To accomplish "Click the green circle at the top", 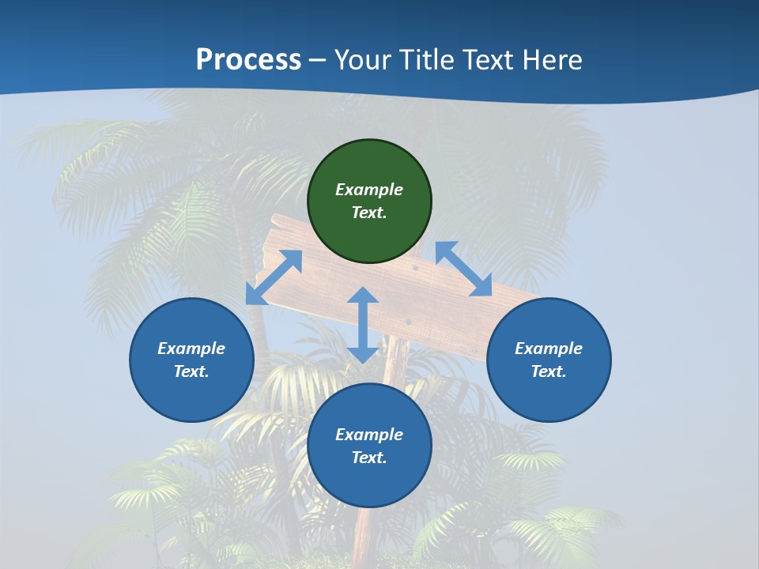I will click(x=369, y=202).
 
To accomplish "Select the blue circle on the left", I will click(x=191, y=360).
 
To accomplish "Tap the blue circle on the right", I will click(x=549, y=360).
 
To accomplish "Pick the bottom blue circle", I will click(x=369, y=446).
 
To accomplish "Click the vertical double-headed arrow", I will click(x=363, y=325).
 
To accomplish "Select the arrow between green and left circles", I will click(x=274, y=277).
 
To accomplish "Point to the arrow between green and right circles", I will click(x=463, y=269).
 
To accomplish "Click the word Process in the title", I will click(x=248, y=60).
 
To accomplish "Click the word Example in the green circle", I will click(x=369, y=190).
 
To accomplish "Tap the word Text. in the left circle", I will click(x=191, y=371).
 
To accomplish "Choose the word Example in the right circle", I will click(x=549, y=349).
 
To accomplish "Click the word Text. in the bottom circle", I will click(x=369, y=458).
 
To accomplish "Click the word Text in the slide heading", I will click(x=486, y=60).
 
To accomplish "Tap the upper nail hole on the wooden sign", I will click(x=415, y=269).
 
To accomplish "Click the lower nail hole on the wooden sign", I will click(x=408, y=322).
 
